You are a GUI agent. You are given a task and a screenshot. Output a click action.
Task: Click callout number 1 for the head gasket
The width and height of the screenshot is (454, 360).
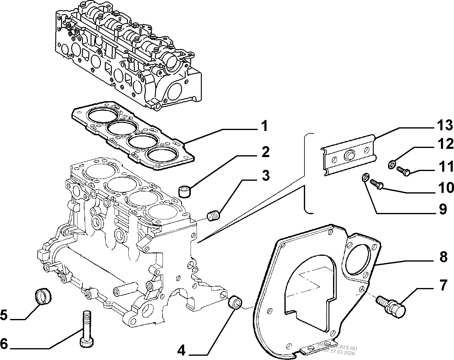tap(264, 126)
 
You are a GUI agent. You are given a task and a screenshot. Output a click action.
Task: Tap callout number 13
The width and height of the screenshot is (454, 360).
tap(445, 125)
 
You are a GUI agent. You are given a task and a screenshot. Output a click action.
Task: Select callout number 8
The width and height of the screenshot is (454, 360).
tap(443, 257)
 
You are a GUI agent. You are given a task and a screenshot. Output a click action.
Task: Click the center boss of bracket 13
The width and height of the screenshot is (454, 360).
tap(349, 156)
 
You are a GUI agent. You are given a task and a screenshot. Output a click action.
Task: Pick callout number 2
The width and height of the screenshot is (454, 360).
tap(265, 152)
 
